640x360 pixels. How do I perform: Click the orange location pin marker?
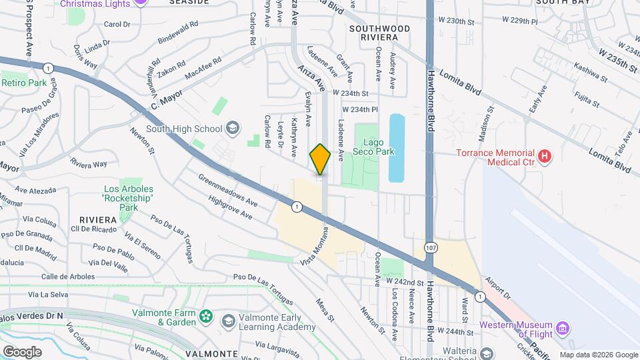pyautogui.click(x=320, y=159)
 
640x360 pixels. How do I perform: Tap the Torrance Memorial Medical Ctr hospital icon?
pyautogui.click(x=545, y=157)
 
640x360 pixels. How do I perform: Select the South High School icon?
pyautogui.click(x=232, y=128)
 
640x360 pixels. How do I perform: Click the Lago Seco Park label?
pyautogui.click(x=378, y=147)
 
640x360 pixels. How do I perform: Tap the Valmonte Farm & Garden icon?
pyautogui.click(x=207, y=315)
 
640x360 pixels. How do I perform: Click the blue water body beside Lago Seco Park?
pyautogui.click(x=396, y=148)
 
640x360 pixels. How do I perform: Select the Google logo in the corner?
pyautogui.click(x=22, y=351)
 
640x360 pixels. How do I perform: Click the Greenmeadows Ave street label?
pyautogui.click(x=228, y=190)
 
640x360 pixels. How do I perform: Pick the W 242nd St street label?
pyautogui.click(x=405, y=283)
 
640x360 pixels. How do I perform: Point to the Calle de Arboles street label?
pyautogui.click(x=67, y=276)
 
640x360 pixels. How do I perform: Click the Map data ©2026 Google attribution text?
pyautogui.click(x=597, y=355)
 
